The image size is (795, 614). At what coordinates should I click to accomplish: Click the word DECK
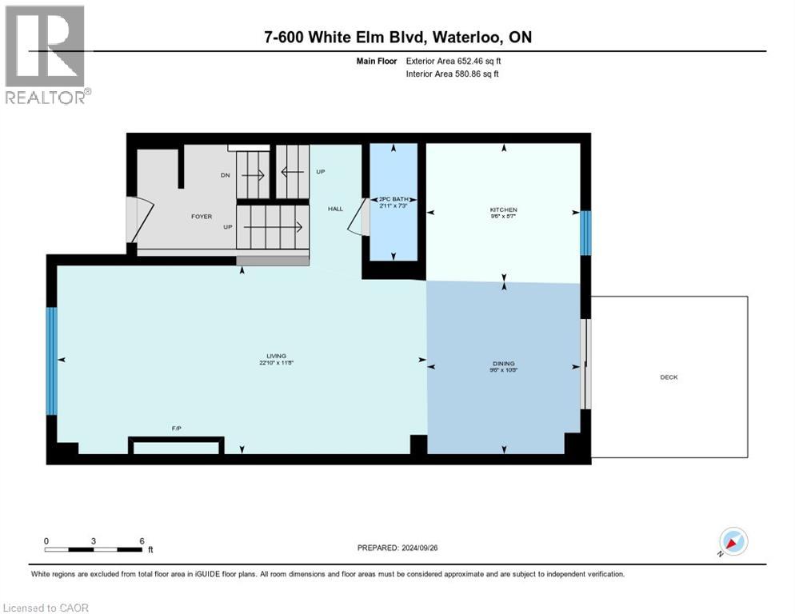tap(669, 377)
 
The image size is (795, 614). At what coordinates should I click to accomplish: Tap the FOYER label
tap(201, 216)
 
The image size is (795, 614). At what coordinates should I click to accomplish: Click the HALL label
tap(335, 209)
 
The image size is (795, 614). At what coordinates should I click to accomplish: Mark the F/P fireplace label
tap(177, 429)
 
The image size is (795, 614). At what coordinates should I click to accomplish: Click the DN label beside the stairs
tap(225, 175)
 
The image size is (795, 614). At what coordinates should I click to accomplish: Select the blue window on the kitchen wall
tap(585, 233)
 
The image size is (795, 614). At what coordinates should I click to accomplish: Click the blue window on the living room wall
tap(52, 361)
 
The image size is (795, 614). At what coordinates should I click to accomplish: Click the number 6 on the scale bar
tap(142, 541)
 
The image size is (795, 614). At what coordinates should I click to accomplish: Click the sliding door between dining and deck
tap(585, 365)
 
